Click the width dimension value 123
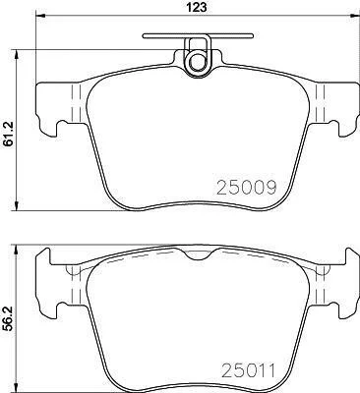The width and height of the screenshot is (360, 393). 198,7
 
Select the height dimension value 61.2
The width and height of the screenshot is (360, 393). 8,134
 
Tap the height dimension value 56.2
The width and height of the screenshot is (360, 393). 8,318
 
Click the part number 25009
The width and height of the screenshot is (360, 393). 247,188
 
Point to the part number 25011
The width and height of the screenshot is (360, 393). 248,371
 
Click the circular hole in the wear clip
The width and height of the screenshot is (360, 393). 197,61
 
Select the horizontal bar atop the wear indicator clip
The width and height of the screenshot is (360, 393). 198,35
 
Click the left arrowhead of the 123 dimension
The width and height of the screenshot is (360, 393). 39,16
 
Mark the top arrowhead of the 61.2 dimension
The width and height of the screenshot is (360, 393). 16,55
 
